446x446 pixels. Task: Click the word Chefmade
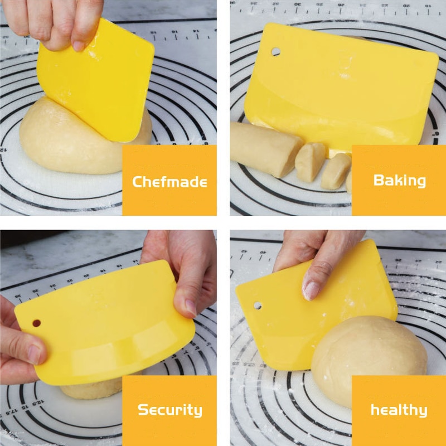[169, 181]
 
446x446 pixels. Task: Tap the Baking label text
[399, 180]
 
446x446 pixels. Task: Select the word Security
[169, 410]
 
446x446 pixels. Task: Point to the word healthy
[399, 410]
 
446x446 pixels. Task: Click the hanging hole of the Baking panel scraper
[276, 51]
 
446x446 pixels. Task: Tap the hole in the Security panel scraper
[36, 323]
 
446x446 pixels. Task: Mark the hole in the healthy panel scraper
[258, 306]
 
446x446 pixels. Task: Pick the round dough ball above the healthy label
[368, 357]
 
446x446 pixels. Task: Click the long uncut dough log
[262, 148]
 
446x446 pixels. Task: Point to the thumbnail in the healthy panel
[311, 290]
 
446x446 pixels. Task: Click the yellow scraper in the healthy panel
[312, 312]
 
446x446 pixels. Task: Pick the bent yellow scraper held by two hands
[106, 329]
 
